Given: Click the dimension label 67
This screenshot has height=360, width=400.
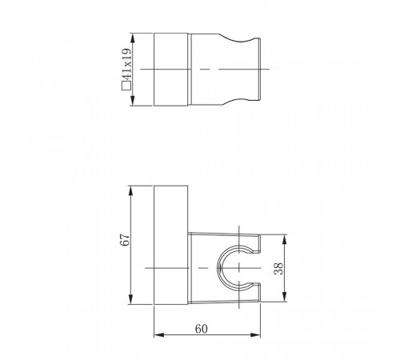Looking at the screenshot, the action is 126,239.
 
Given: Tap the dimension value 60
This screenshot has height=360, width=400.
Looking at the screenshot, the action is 201,329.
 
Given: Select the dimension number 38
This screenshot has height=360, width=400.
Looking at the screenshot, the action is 278,268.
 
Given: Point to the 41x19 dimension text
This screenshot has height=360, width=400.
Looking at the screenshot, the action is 128,64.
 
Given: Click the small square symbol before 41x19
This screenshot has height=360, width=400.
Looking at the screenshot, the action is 126,86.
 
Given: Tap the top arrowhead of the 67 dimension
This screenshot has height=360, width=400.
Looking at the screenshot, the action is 130,191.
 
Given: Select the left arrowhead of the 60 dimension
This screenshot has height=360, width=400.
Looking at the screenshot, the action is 159,335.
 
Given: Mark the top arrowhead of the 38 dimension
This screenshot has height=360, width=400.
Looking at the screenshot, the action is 284,240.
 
